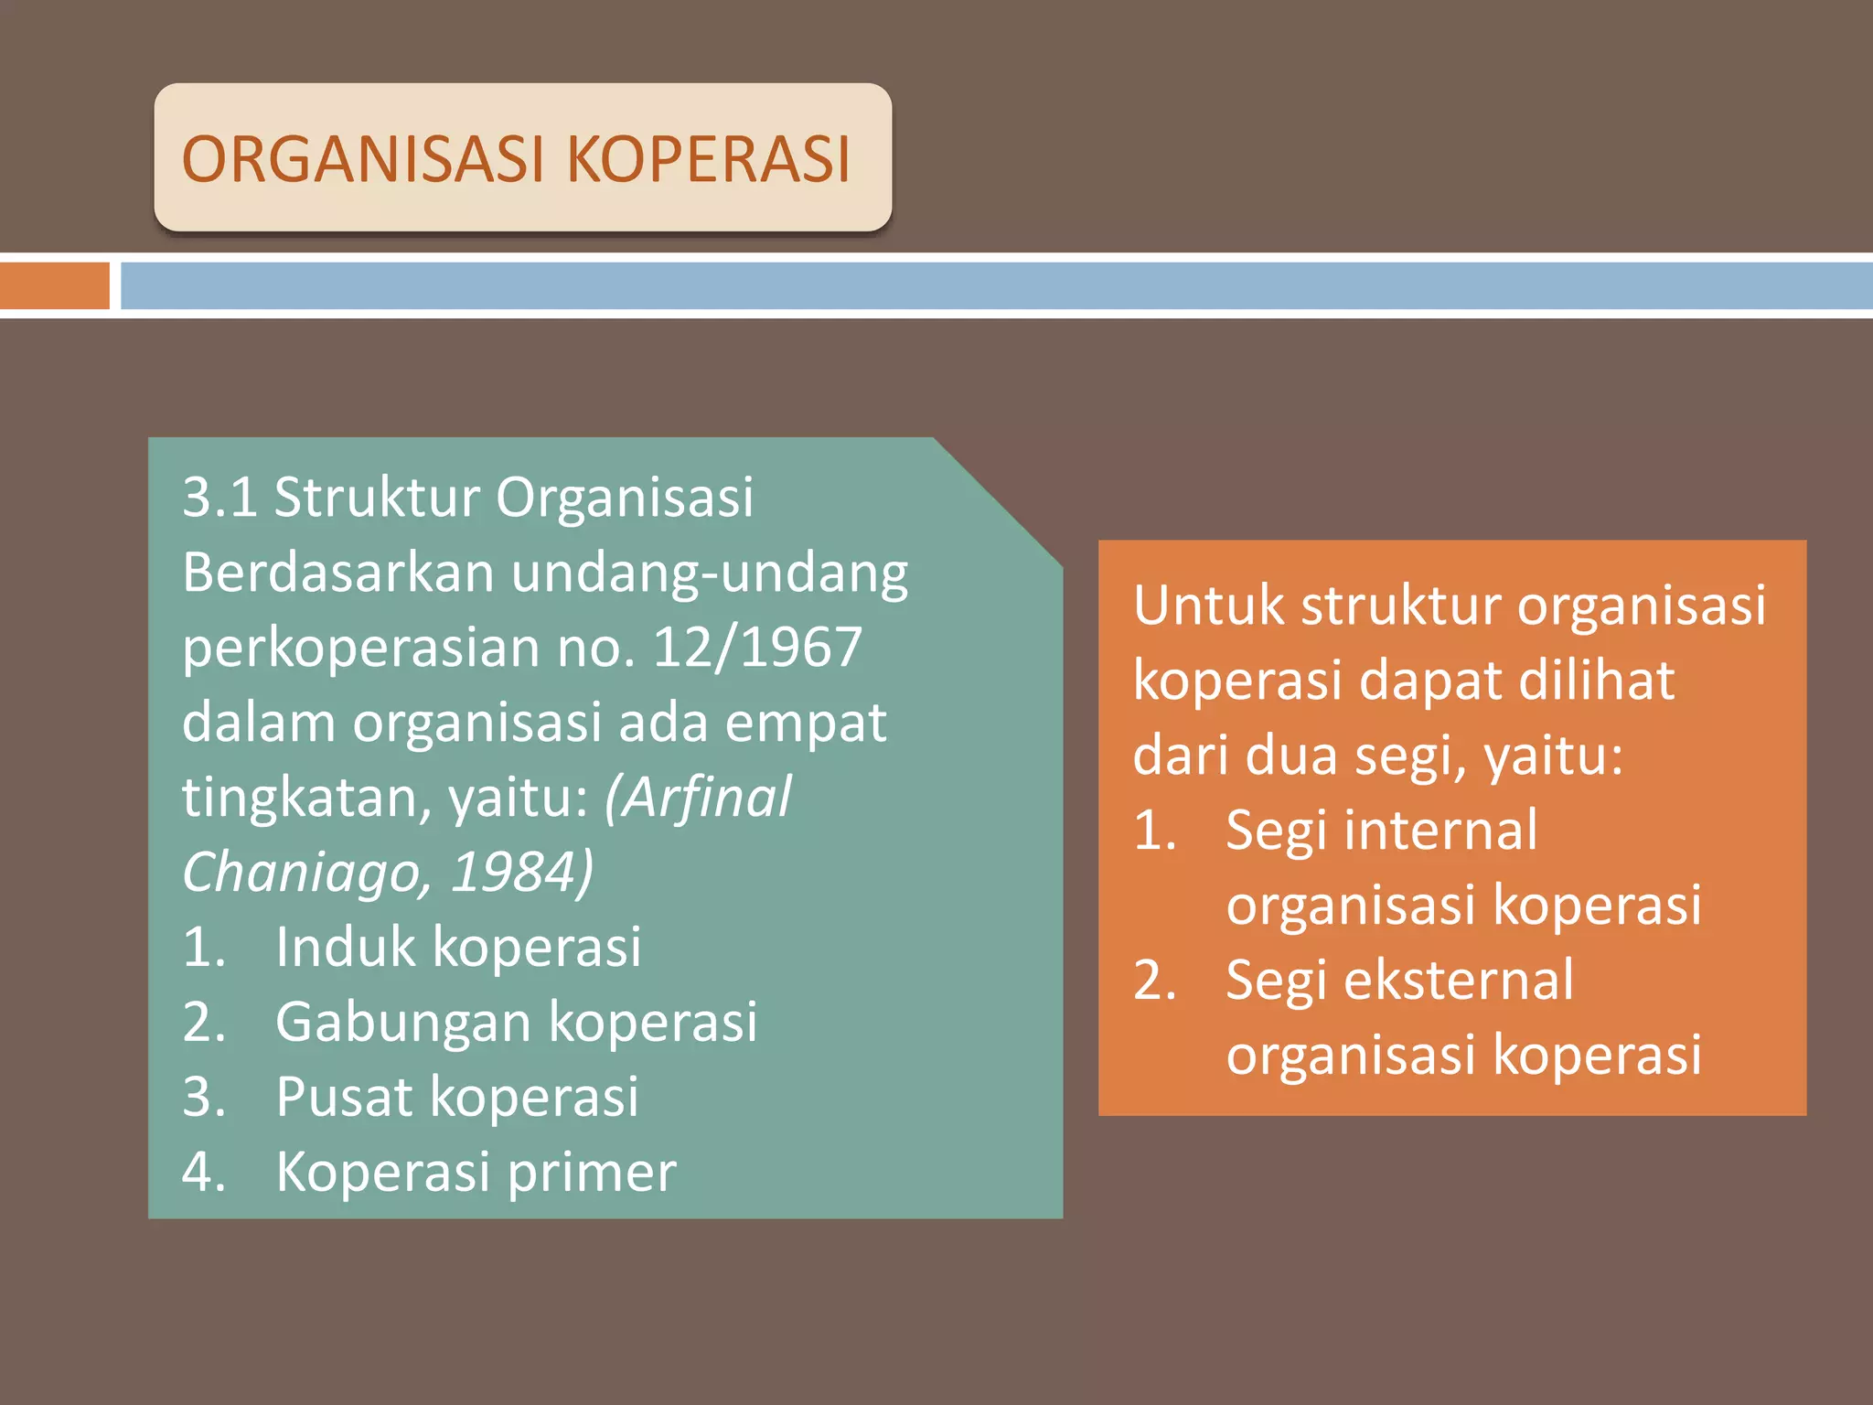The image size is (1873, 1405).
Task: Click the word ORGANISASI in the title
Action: point(363,160)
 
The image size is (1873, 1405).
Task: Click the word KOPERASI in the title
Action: point(709,160)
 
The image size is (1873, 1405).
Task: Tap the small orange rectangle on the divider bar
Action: point(55,285)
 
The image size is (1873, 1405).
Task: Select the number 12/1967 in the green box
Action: point(757,648)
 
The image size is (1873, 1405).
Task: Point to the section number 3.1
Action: point(219,498)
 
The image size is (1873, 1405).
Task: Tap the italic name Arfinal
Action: point(700,798)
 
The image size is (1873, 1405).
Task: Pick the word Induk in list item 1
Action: point(345,947)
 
